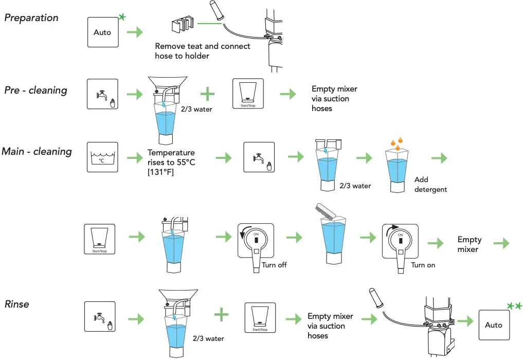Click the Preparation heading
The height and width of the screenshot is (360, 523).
coord(31,17)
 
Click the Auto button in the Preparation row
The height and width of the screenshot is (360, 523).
coord(102,32)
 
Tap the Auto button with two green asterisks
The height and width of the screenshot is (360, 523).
coord(494,325)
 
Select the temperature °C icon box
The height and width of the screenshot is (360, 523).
coord(102,157)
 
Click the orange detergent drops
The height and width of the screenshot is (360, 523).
coord(396,144)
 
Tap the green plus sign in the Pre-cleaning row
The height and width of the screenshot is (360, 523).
coord(207,94)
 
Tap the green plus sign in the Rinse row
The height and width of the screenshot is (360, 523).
coord(221,315)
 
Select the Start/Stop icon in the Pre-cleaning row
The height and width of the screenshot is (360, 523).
coord(248,94)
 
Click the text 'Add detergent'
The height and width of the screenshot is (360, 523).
coord(430,185)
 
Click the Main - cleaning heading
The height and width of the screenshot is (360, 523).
coord(37,152)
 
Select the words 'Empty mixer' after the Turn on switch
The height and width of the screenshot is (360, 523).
coord(469,244)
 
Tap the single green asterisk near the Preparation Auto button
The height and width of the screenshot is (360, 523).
coord(122,17)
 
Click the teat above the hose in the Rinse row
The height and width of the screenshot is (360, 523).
coord(375,298)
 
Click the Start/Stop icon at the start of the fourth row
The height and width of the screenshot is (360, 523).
coord(99,239)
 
